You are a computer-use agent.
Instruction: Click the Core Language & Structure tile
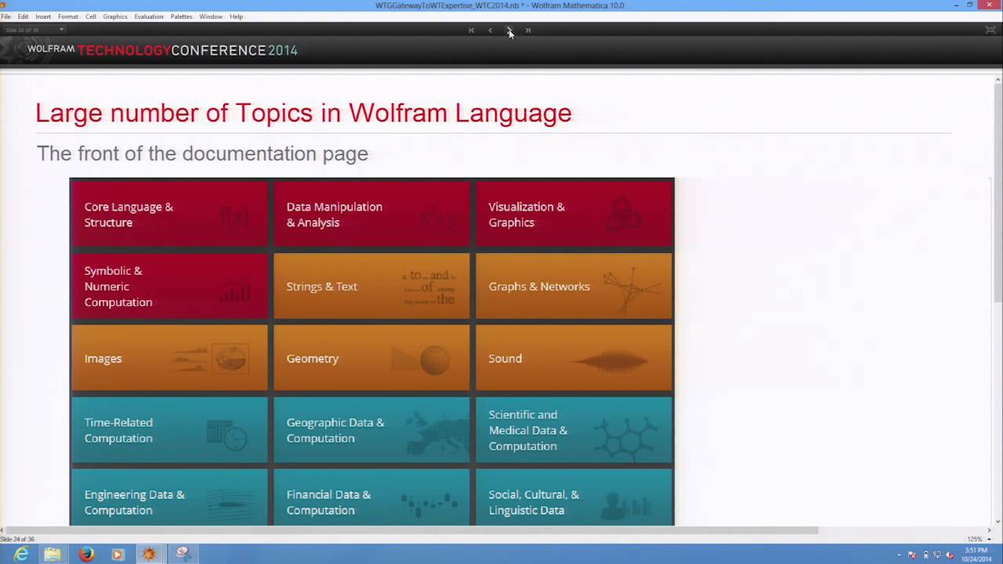(169, 215)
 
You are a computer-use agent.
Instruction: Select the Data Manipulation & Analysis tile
(371, 215)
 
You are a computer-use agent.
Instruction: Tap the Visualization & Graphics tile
(574, 215)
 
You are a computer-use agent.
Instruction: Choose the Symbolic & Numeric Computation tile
(169, 287)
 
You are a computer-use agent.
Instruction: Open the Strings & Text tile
(371, 287)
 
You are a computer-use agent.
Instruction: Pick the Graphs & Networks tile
(574, 287)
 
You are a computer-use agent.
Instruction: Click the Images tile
(169, 359)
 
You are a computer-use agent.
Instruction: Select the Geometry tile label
(313, 359)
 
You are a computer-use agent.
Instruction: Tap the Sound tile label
(505, 359)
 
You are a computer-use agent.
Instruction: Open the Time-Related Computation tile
(169, 431)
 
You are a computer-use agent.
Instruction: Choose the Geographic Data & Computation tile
(371, 431)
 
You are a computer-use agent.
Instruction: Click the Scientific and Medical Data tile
(574, 431)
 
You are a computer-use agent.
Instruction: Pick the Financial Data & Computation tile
(371, 502)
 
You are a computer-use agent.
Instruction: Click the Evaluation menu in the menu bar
(148, 16)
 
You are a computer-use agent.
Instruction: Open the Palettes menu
(181, 16)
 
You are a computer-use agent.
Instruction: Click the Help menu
(236, 16)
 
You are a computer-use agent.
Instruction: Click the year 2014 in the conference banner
(282, 51)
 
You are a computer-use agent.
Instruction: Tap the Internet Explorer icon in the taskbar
(21, 555)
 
